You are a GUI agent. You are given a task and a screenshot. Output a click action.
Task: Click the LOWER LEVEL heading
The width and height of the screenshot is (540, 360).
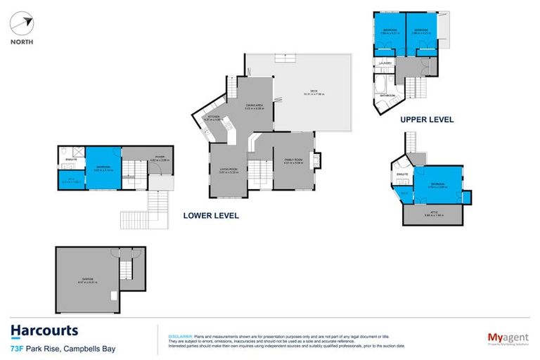(211, 216)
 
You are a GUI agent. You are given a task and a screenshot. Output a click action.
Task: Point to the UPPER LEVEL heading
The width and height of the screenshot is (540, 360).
(427, 120)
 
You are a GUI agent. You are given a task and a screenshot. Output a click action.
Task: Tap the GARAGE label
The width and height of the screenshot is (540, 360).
(87, 281)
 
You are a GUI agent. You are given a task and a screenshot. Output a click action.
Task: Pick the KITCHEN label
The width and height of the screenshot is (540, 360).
(214, 117)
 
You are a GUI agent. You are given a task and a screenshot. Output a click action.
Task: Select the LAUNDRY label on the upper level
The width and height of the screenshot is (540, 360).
(385, 63)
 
